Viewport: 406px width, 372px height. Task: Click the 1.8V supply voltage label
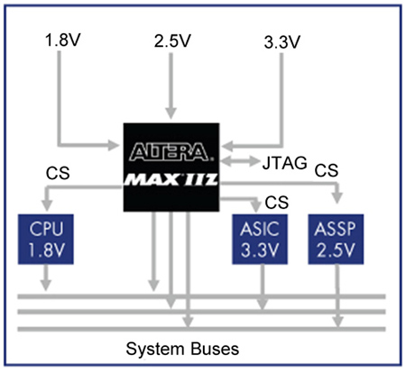63,40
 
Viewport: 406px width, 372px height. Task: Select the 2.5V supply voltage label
172,41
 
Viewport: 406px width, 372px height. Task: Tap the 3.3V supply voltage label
282,42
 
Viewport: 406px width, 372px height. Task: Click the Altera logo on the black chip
171,151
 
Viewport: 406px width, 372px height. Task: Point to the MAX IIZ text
171,179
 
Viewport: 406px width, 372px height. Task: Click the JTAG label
284,163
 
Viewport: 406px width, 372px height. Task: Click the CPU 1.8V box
46,240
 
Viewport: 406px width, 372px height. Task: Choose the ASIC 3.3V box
260,240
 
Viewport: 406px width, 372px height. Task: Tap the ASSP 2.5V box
336,240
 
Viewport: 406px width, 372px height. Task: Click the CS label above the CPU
58,173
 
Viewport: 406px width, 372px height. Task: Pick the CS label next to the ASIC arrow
277,203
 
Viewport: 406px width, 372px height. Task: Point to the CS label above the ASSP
327,170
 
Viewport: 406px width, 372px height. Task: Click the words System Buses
182,349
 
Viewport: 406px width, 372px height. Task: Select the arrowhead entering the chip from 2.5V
171,113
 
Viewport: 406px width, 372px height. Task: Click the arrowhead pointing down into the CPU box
47,205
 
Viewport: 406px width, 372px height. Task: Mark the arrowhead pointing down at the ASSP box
337,198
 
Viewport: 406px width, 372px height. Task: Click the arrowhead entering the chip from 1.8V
114,145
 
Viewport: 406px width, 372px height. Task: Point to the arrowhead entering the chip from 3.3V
226,147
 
